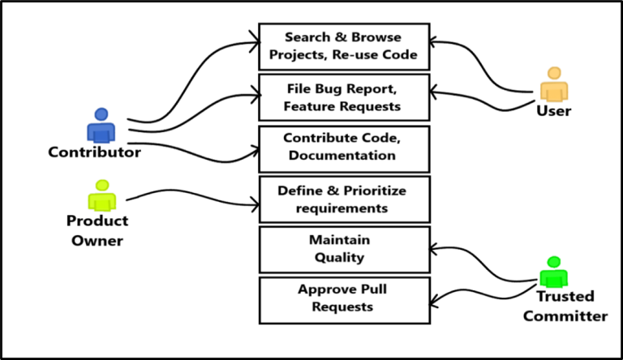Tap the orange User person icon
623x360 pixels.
(554, 84)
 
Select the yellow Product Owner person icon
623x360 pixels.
(101, 196)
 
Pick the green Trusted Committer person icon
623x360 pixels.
(554, 272)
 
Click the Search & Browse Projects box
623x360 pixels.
(343, 46)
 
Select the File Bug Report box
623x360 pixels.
(343, 97)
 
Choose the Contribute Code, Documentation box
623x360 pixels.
(343, 148)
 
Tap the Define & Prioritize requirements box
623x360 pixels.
(343, 199)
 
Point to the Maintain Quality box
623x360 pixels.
(343, 250)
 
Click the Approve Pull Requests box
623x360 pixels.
(343, 299)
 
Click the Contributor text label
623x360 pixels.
(95, 152)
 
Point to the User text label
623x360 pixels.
(554, 110)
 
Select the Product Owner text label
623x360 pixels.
(97, 230)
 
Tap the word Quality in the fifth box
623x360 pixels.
(340, 258)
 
